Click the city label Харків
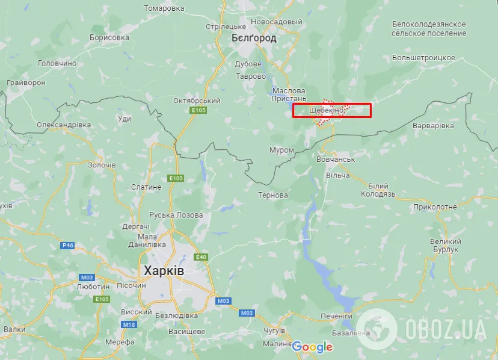(x=164, y=272)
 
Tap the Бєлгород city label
(x=254, y=38)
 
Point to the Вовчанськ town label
(x=336, y=160)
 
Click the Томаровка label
(x=164, y=8)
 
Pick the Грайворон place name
(x=25, y=82)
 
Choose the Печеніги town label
(x=336, y=316)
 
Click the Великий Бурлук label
(x=444, y=245)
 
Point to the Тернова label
(x=273, y=195)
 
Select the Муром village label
(x=281, y=150)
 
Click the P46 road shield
(x=67, y=245)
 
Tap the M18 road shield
(x=129, y=324)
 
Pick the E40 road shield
(x=201, y=257)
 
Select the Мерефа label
(x=120, y=342)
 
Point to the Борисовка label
(x=109, y=37)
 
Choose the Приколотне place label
(x=435, y=206)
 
